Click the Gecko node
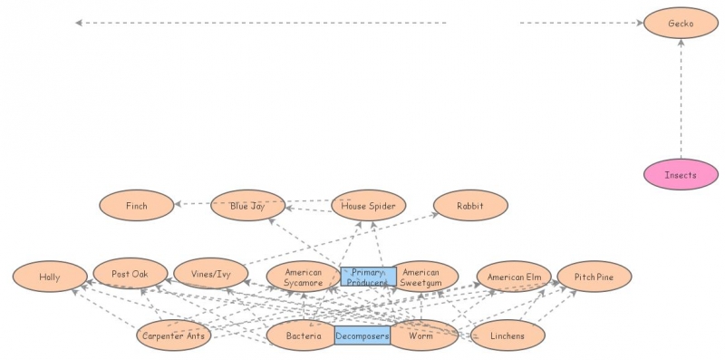click(x=681, y=24)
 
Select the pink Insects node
click(x=681, y=175)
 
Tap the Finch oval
click(x=136, y=206)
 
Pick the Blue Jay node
click(x=247, y=206)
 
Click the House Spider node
click(x=368, y=206)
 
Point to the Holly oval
click(x=50, y=277)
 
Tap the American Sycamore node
click(x=303, y=277)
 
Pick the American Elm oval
click(x=514, y=277)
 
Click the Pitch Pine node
click(x=594, y=277)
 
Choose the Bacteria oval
click(x=303, y=336)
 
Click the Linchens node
click(x=509, y=336)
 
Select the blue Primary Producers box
click(x=368, y=277)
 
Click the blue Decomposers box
click(x=362, y=336)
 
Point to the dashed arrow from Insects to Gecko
click(x=681, y=100)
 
